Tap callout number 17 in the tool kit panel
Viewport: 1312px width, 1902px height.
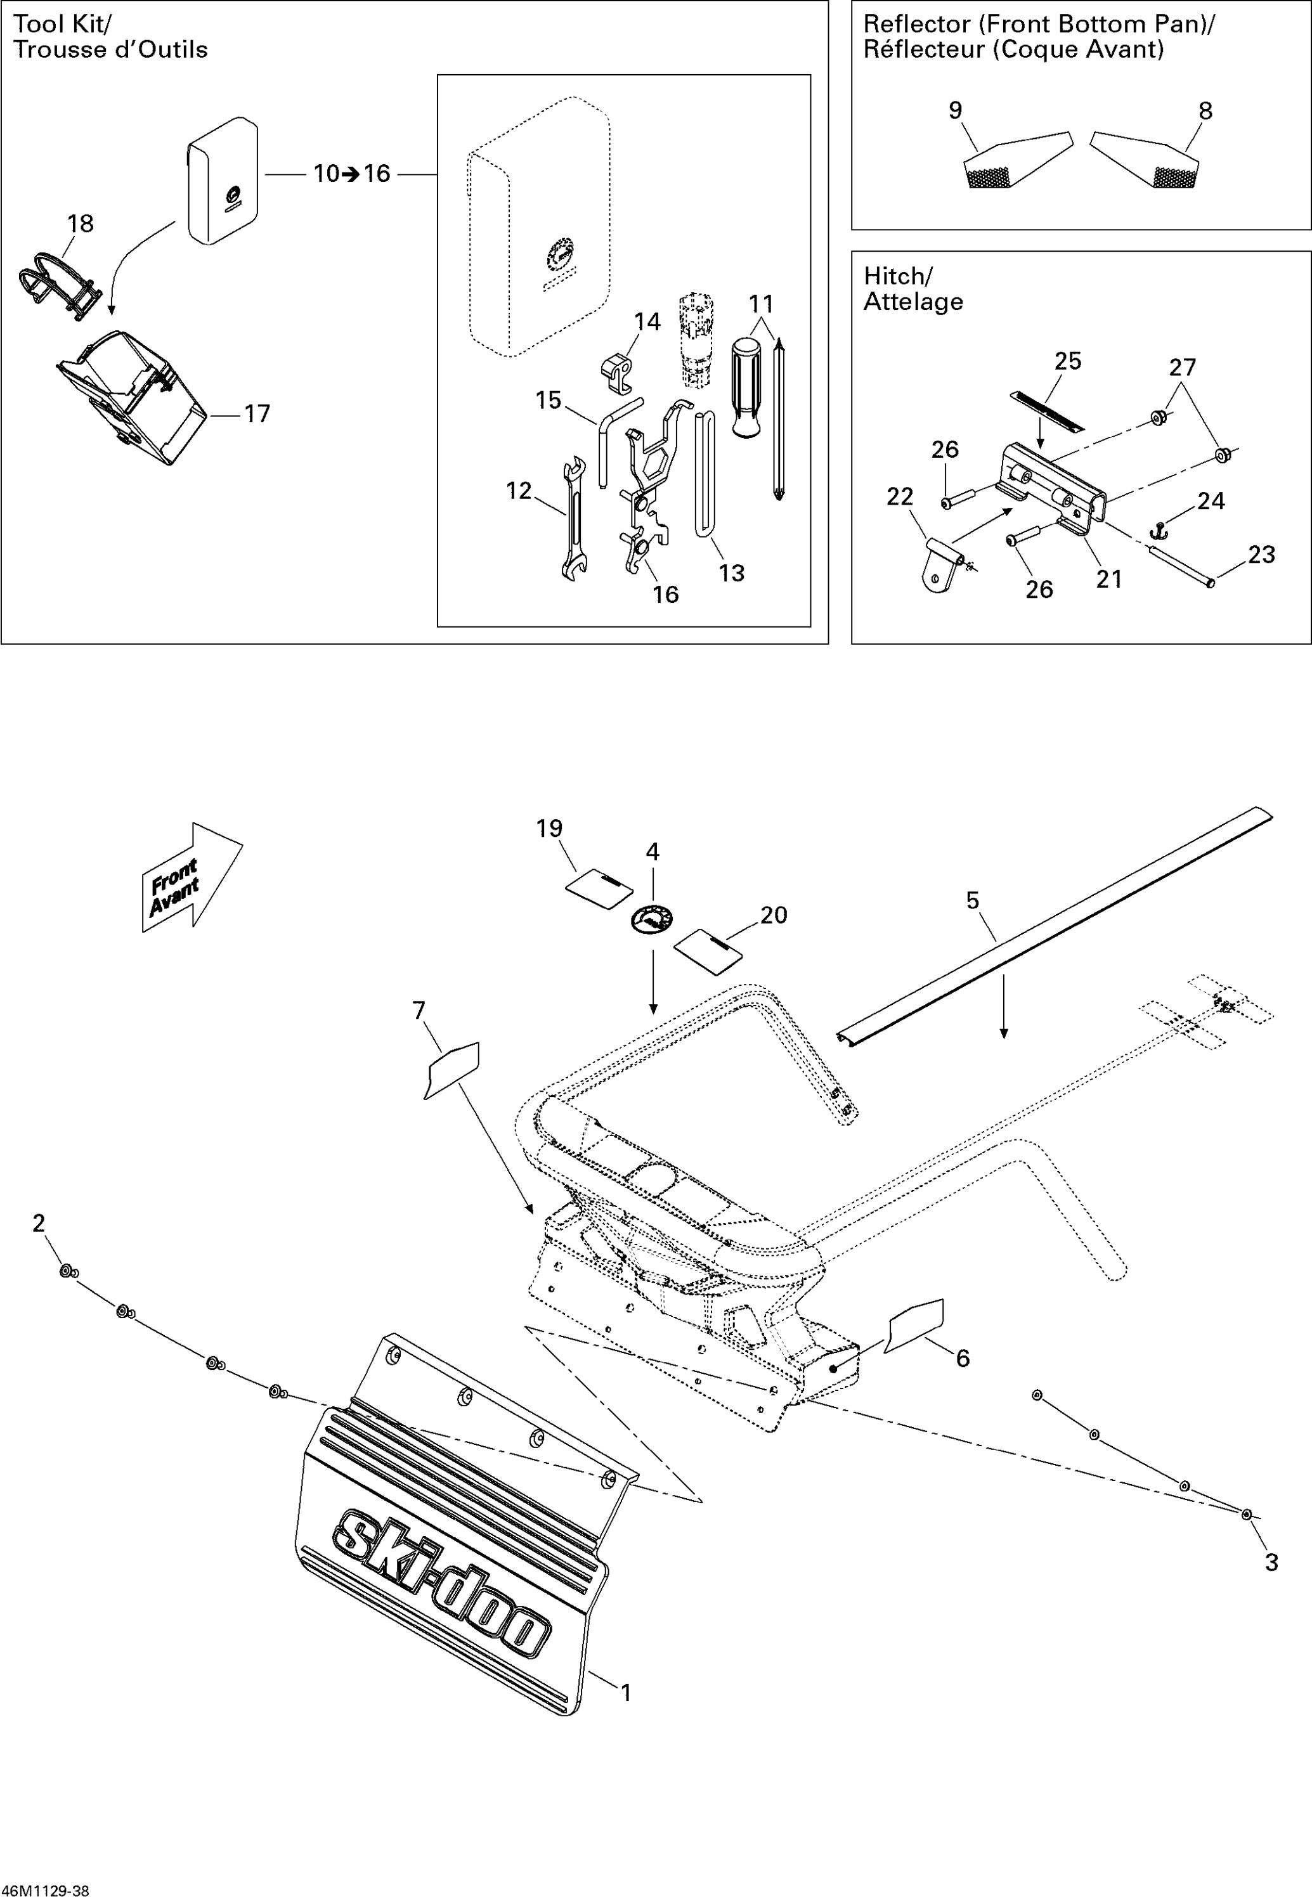[256, 413]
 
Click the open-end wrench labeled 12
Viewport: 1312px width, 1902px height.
[573, 518]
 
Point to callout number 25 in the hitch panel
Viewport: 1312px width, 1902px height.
[1068, 361]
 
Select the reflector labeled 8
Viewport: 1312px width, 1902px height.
[1146, 160]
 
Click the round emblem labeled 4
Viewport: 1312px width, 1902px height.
[652, 919]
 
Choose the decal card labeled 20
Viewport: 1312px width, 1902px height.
[708, 951]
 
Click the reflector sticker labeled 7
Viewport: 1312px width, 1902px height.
[452, 1068]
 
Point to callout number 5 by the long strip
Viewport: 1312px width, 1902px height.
[973, 901]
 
